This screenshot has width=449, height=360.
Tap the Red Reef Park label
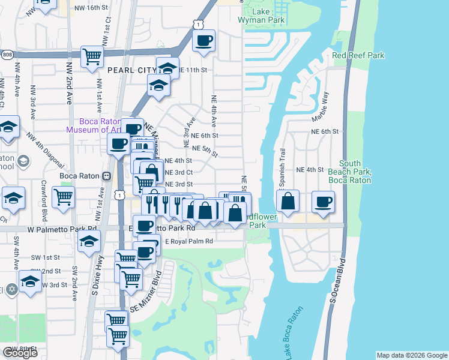point(358,56)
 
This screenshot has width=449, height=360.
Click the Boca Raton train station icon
point(106,176)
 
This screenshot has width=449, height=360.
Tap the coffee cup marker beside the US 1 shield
point(203,41)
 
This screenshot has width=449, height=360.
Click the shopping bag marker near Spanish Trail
point(288,200)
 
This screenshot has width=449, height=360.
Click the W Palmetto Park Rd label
point(62,229)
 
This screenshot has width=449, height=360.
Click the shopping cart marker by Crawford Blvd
point(63,197)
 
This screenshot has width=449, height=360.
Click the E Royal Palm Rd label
point(188,241)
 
